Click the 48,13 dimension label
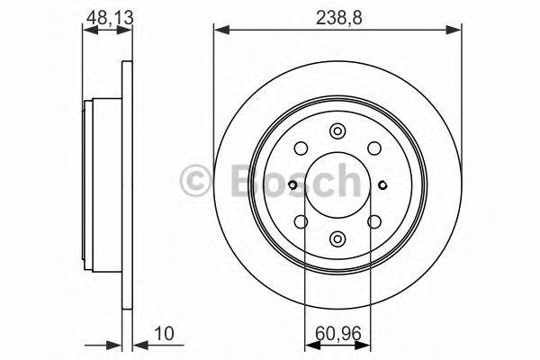[110, 17]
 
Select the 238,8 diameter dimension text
[339, 17]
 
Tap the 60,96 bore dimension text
[338, 333]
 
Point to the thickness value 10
[165, 333]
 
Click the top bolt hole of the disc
[337, 131]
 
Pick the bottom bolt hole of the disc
[337, 238]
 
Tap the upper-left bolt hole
[301, 148]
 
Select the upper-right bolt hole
[374, 148]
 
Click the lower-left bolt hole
[301, 221]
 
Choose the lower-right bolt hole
[374, 221]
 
